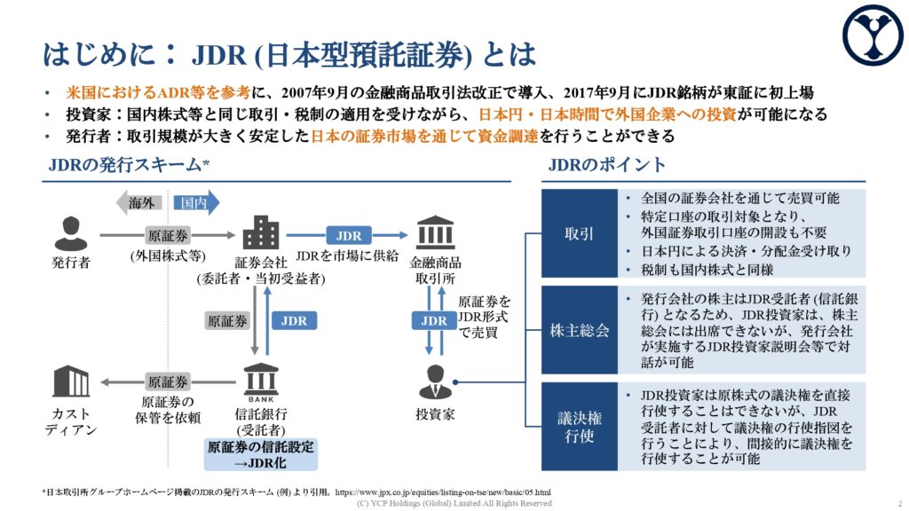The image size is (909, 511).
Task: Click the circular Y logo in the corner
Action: pos(873,35)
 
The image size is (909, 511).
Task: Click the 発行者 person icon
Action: pos(71,233)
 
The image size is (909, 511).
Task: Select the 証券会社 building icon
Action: pos(261,233)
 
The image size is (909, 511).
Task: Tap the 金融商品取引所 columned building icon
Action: pos(435,232)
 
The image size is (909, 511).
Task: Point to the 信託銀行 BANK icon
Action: pos(261,382)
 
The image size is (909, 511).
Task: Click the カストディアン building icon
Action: pos(71,381)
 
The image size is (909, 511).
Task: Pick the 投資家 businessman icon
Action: pos(435,381)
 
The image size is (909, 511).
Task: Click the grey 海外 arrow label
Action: pos(139,203)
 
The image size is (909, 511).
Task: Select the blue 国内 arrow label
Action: pos(196,203)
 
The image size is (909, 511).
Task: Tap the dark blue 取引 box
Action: pos(579,233)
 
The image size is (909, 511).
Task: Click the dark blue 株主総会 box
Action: pos(579,330)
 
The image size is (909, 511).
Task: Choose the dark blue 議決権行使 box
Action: pos(579,427)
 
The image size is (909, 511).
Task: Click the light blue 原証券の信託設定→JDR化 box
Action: pos(261,455)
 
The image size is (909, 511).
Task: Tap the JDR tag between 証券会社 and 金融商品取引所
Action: pos(348,236)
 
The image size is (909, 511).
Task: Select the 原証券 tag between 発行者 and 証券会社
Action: pos(168,236)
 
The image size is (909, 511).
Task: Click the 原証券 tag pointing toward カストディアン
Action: pos(168,382)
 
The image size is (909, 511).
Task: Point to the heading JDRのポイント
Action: pos(607,165)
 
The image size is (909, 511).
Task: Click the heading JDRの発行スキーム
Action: pos(129,165)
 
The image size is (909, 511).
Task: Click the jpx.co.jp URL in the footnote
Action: pos(443,492)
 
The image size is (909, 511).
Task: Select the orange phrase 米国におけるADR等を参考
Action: pos(158,92)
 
